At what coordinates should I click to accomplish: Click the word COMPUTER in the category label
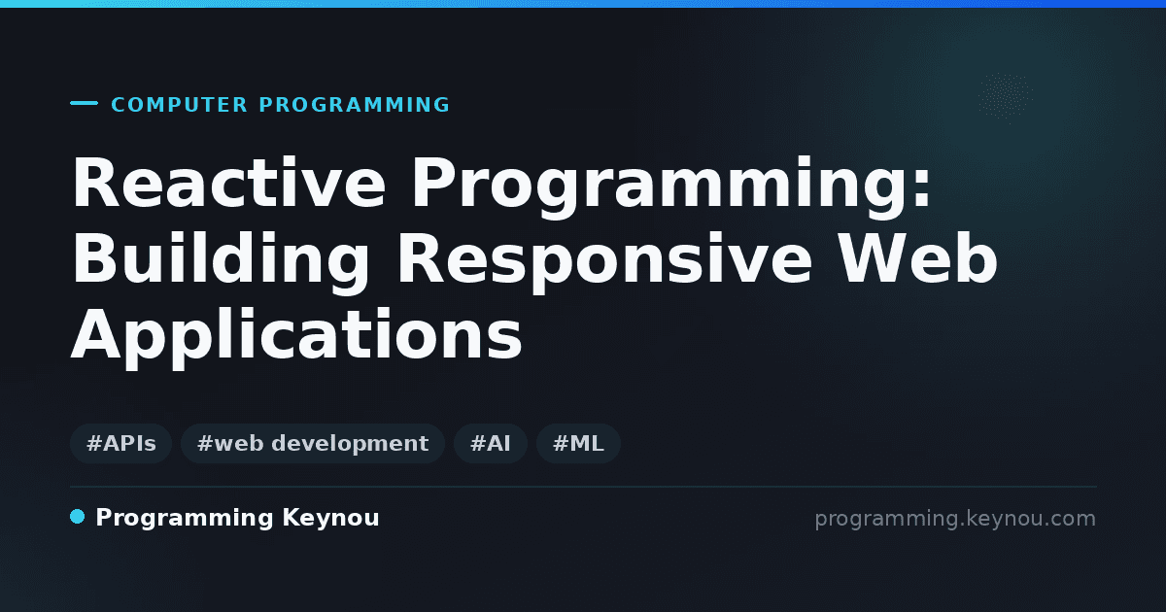179,105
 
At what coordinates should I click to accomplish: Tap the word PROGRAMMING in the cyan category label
354,105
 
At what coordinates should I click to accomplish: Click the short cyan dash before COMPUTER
84,103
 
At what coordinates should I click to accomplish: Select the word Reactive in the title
229,183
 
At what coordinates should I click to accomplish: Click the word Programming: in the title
671,187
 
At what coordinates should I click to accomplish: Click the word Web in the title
918,257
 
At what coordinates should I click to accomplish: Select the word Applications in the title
296,337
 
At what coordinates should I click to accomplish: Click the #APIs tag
120,443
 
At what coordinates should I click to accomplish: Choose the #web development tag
312,443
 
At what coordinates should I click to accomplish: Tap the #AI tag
491,443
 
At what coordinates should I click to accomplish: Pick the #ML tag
578,443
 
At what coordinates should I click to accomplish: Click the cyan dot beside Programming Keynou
77,517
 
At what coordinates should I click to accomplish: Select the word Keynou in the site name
330,518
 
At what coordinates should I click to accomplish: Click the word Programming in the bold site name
185,519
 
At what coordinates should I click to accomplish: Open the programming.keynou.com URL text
955,520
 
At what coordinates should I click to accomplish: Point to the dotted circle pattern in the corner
1005,97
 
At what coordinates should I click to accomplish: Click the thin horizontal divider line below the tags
584,487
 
